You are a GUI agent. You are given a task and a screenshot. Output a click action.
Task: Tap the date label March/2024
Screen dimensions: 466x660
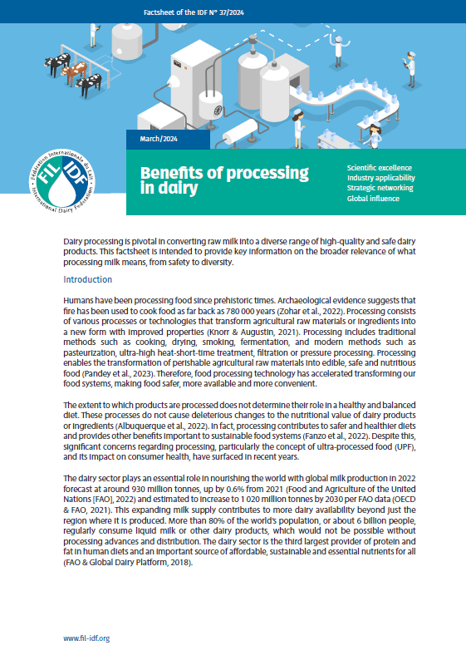(x=159, y=139)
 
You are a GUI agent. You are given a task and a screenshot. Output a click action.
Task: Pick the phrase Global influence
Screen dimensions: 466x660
(x=373, y=199)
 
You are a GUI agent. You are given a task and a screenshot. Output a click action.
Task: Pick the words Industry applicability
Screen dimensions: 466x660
(x=381, y=178)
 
